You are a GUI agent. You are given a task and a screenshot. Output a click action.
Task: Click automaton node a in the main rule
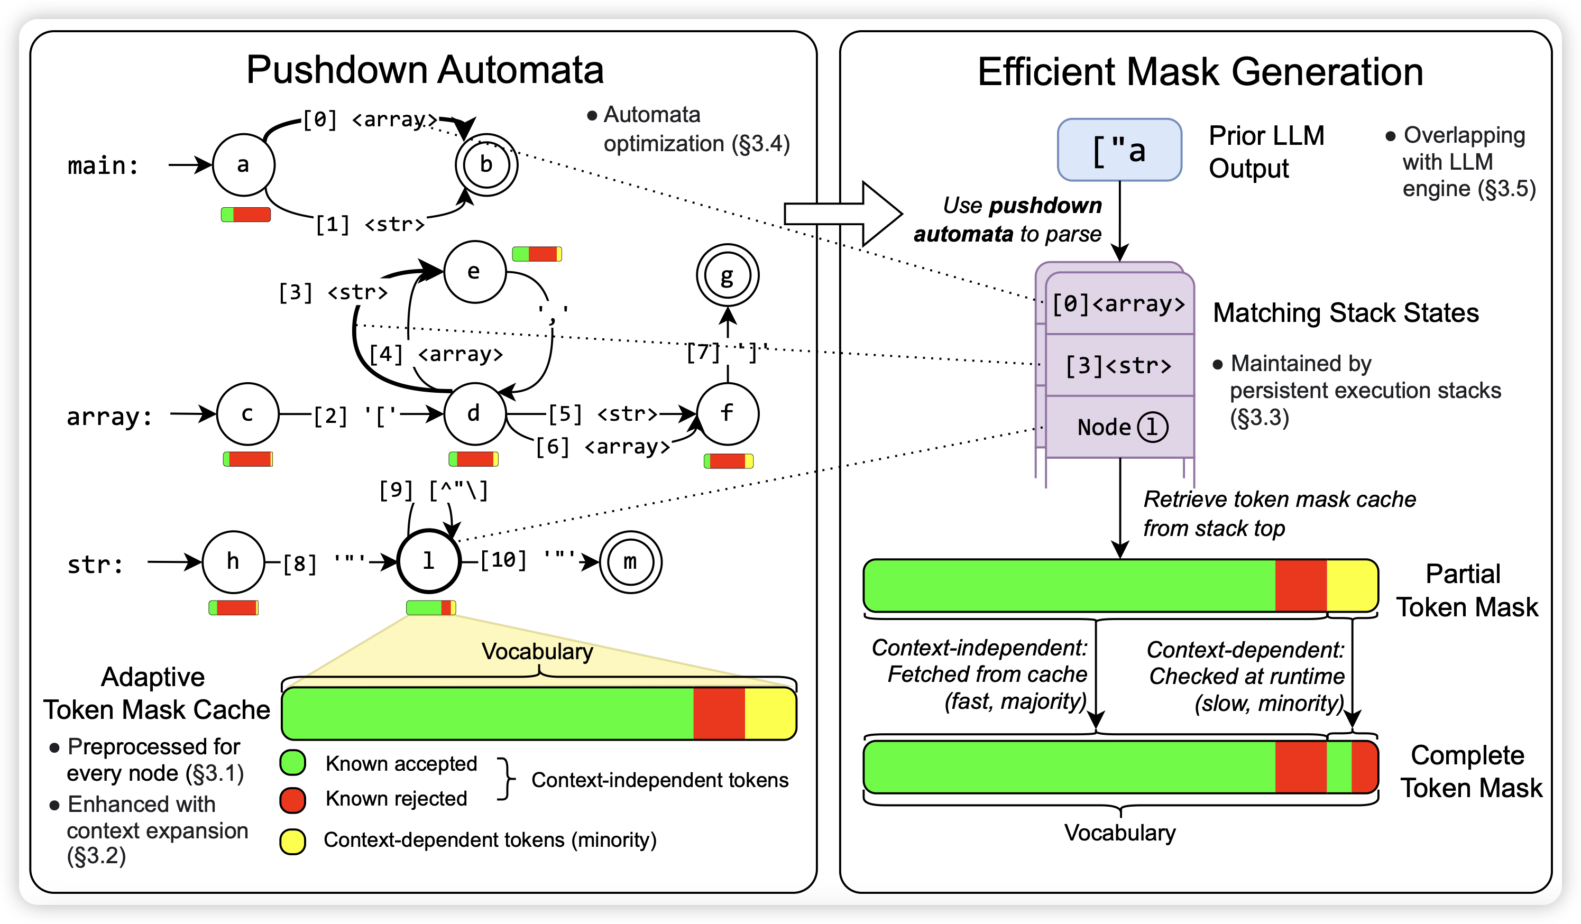pyautogui.click(x=243, y=165)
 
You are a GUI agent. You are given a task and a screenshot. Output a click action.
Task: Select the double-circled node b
pyautogui.click(x=486, y=165)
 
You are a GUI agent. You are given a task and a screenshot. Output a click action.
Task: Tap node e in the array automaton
pyautogui.click(x=474, y=272)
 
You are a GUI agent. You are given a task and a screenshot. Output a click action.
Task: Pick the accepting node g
pyautogui.click(x=727, y=275)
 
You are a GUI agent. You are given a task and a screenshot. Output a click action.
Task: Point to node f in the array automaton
pyautogui.click(x=727, y=414)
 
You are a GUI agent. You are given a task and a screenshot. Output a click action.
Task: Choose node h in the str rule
pyautogui.click(x=233, y=562)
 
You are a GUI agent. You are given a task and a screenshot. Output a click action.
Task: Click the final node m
pyautogui.click(x=630, y=562)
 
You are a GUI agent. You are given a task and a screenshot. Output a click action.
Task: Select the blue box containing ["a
pyautogui.click(x=1119, y=150)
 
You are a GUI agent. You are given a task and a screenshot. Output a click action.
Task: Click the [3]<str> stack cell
pyautogui.click(x=1119, y=365)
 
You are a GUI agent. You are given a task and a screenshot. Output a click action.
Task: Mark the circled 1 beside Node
pyautogui.click(x=1153, y=427)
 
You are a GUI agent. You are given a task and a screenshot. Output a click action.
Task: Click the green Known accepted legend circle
pyautogui.click(x=292, y=763)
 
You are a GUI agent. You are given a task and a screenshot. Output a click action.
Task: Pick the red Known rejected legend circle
pyautogui.click(x=292, y=800)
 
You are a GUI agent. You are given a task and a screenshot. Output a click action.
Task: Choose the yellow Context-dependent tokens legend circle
pyautogui.click(x=292, y=841)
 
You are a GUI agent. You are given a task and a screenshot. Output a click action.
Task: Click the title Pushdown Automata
pyautogui.click(x=425, y=70)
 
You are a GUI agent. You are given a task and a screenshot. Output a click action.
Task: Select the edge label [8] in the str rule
pyautogui.click(x=299, y=564)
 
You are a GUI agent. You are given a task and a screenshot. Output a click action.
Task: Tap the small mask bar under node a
pyautogui.click(x=246, y=215)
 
